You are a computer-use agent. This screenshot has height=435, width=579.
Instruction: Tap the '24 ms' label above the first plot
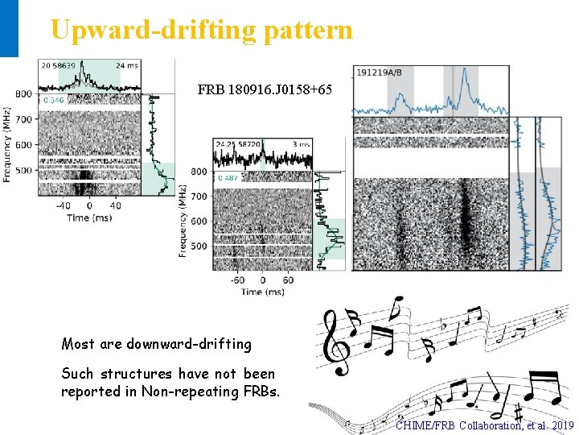pos(127,66)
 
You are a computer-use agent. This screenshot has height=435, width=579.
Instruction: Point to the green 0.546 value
pos(54,100)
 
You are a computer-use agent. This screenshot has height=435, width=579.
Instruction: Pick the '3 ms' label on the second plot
pos(301,144)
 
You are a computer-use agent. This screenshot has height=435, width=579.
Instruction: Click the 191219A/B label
pos(377,72)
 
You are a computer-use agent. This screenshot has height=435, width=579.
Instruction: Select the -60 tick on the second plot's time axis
pos(237,280)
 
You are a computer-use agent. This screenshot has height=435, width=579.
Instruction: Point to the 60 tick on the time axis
pos(288,280)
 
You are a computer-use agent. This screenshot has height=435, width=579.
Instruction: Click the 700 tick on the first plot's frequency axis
pos(23,120)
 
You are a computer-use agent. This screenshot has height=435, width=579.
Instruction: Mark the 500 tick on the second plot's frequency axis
pos(198,246)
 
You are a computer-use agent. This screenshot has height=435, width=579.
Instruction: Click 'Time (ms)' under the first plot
pos(88,217)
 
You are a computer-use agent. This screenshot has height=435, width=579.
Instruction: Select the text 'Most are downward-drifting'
pos(156,345)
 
